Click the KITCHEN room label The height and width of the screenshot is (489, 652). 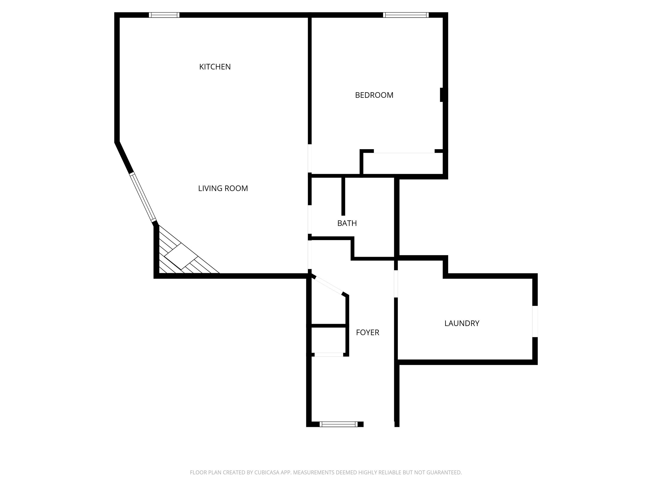215,67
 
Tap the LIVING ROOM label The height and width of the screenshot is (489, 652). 223,188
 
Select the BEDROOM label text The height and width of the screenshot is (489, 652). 374,95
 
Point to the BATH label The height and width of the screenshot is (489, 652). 347,223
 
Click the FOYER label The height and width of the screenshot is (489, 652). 368,333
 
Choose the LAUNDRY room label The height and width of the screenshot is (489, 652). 462,323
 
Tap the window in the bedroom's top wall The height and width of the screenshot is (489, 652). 406,15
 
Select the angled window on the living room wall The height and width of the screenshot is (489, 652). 143,197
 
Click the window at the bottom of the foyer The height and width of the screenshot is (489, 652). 338,424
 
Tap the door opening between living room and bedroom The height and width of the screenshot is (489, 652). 310,158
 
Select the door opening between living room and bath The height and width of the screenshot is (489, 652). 310,219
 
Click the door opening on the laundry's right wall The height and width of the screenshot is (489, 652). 535,321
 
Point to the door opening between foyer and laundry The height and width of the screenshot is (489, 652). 396,284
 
